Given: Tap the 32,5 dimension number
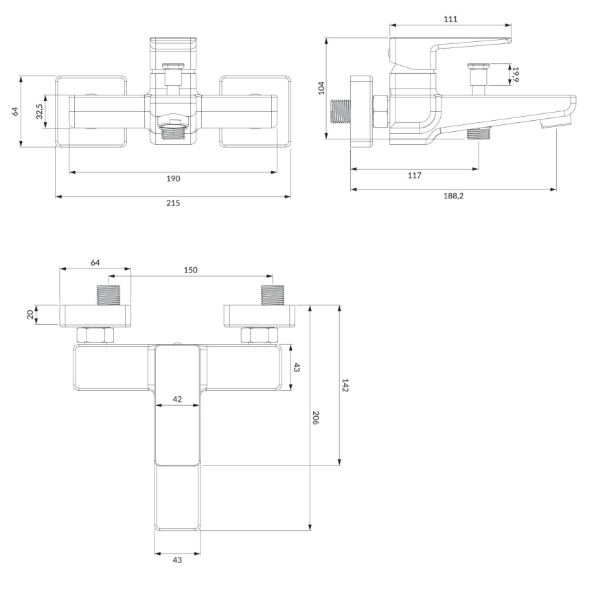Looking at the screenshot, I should [40, 111].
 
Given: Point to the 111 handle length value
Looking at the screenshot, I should [450, 19].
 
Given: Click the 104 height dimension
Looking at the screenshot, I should [321, 88].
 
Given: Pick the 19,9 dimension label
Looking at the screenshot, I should [516, 74].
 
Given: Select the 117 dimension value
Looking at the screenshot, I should [414, 175].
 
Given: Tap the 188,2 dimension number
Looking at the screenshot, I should [453, 196].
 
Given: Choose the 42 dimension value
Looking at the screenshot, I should [177, 399].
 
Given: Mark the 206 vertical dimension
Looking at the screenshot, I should [317, 417].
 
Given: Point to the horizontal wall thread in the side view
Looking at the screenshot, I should [341, 111].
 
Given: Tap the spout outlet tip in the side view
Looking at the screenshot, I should [555, 123].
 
